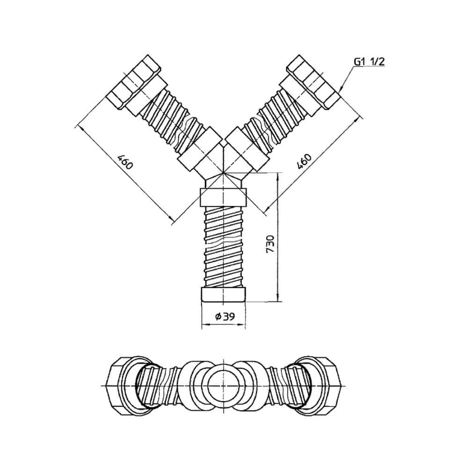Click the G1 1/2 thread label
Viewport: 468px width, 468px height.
click(x=369, y=62)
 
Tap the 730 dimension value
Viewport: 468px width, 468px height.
click(x=270, y=244)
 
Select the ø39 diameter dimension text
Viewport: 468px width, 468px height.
click(x=225, y=316)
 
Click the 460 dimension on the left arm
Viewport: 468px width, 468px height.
click(x=125, y=161)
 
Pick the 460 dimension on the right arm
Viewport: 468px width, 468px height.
click(x=305, y=161)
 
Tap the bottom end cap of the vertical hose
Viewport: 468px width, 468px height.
click(x=224, y=294)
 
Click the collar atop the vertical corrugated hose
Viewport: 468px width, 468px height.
click(x=223, y=197)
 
